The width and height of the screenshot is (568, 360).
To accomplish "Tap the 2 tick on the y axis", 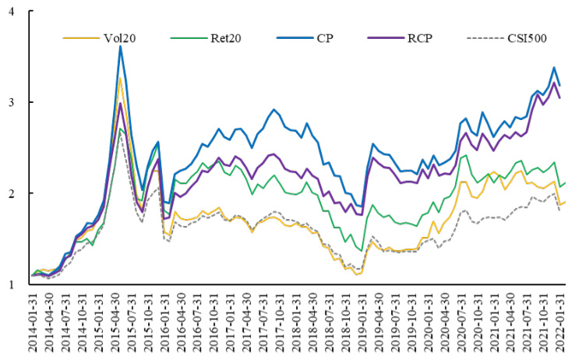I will coord(13,194).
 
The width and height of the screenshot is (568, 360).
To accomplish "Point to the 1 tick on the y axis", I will coord(13,285).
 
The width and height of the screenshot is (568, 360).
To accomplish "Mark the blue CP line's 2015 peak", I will coord(120,46).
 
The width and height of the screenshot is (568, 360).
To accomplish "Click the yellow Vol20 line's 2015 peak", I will coord(120,77).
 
